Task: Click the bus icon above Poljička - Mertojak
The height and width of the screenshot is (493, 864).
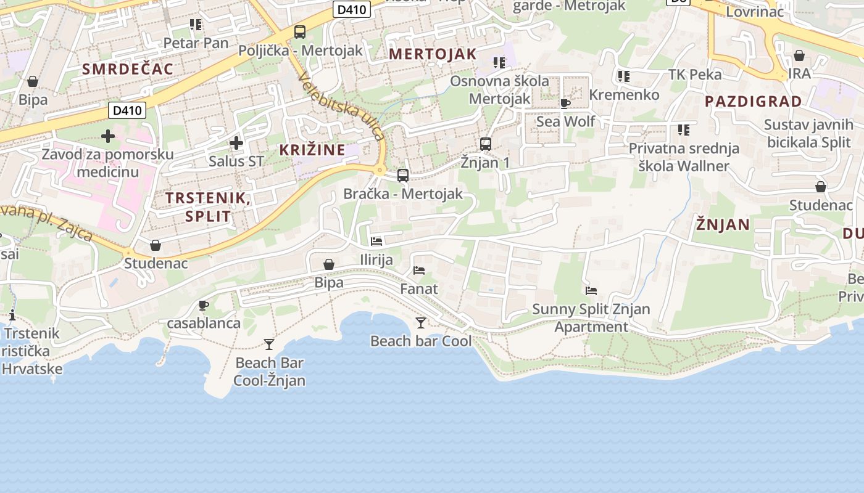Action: click(x=300, y=32)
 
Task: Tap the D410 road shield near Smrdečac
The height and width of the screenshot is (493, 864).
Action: click(x=128, y=111)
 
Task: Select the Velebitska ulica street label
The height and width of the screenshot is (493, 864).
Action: click(x=341, y=105)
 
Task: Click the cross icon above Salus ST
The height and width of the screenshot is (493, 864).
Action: click(x=236, y=144)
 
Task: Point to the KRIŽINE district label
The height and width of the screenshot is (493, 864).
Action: click(x=312, y=150)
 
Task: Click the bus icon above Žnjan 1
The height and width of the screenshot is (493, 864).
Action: click(x=486, y=144)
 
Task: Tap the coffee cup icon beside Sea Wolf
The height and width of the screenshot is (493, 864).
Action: click(x=565, y=104)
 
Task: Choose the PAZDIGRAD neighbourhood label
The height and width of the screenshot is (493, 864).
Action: click(x=753, y=102)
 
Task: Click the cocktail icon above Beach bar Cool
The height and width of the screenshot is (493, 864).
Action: click(x=421, y=322)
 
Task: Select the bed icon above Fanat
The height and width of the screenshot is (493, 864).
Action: click(x=419, y=271)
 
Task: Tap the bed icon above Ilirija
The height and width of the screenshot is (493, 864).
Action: click(x=376, y=242)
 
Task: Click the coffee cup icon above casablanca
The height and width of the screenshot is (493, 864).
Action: click(x=204, y=305)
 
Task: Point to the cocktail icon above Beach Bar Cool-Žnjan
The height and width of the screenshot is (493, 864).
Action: click(x=269, y=344)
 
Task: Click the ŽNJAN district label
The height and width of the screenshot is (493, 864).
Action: click(x=723, y=224)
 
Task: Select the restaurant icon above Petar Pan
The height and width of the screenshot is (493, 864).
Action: click(x=196, y=25)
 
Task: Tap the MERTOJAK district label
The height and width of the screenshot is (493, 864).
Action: click(x=433, y=54)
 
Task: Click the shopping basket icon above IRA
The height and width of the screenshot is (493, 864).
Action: click(x=799, y=55)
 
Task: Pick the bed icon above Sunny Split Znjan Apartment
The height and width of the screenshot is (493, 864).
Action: click(x=591, y=291)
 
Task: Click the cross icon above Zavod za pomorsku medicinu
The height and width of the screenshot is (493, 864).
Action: click(x=108, y=136)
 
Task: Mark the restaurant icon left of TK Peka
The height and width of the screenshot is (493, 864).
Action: click(x=624, y=76)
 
